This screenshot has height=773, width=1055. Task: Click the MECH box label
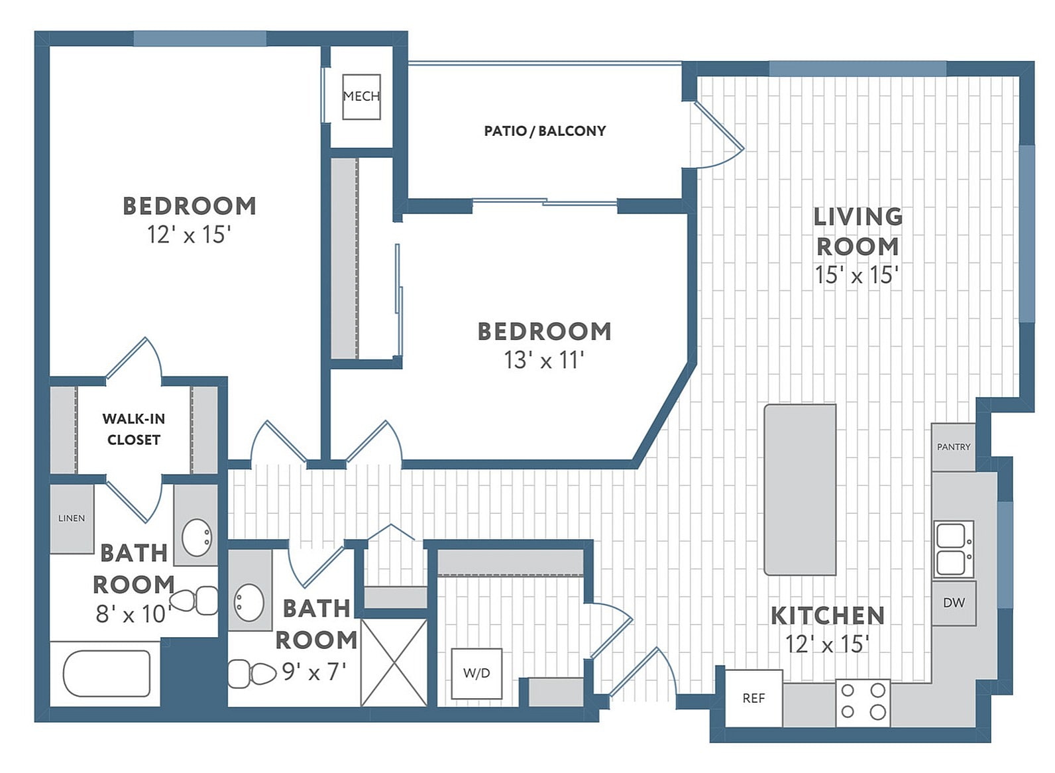(361, 97)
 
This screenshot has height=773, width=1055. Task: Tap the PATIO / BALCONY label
(545, 131)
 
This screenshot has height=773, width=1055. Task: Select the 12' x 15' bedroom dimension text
(189, 235)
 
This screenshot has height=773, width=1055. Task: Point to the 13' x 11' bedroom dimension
(543, 360)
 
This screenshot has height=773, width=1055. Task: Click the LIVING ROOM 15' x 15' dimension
(856, 275)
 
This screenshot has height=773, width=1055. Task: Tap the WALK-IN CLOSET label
(134, 429)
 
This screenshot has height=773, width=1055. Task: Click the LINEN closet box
(72, 518)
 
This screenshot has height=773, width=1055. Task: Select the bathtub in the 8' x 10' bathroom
(106, 674)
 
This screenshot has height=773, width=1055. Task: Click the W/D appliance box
(476, 674)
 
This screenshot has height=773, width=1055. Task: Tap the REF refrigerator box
(753, 698)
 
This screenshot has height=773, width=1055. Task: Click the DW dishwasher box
(954, 603)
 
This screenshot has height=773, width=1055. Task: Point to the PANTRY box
(953, 447)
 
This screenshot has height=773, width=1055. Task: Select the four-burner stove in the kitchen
(862, 701)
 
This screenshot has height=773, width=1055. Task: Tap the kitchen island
(800, 489)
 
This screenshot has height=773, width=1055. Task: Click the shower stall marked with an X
(394, 662)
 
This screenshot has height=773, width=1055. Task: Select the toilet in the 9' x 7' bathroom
(253, 674)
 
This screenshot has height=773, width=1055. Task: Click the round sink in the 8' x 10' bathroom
(197, 537)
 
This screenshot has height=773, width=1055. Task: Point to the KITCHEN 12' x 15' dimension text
(827, 644)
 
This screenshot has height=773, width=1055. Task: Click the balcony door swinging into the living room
(719, 136)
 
